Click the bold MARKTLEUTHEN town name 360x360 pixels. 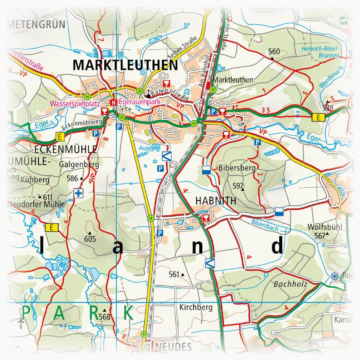point(125,65)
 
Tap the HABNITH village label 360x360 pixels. point(216,201)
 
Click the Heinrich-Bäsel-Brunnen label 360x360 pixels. point(320,52)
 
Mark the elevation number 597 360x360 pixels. point(238,185)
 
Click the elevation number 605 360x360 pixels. point(90,239)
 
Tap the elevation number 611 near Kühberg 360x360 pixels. point(48,196)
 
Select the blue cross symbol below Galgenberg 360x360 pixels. point(78,193)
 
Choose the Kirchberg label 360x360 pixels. point(196,307)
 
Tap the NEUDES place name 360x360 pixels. point(173,347)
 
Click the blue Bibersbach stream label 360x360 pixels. point(265,226)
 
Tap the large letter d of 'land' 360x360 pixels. point(277,245)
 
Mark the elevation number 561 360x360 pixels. point(175,274)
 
